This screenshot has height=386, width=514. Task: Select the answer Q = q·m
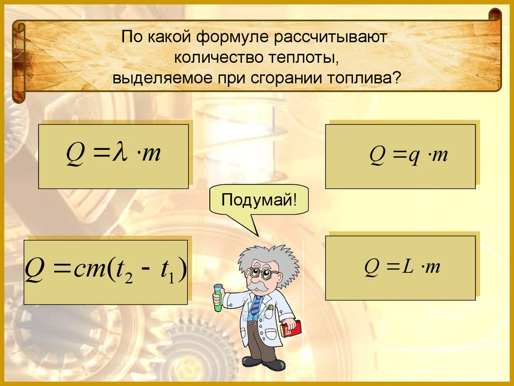tap(400, 156)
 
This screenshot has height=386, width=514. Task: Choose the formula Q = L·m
tap(400, 268)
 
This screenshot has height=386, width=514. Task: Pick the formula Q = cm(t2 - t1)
tap(106, 272)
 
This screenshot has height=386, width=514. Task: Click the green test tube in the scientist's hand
tap(218, 297)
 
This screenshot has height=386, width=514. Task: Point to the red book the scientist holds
tap(292, 328)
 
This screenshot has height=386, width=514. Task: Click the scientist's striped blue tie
tap(256, 305)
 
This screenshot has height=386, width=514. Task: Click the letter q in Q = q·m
tap(413, 156)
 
